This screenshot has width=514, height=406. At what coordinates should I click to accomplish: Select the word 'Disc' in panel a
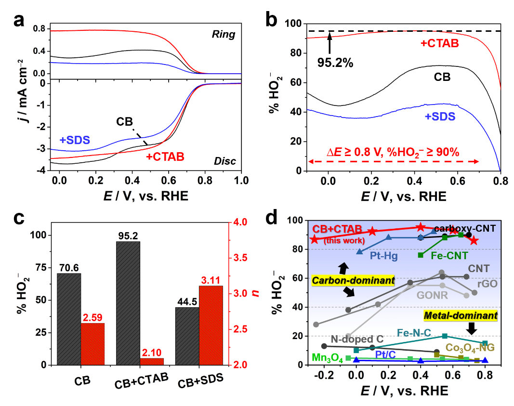(x=225, y=161)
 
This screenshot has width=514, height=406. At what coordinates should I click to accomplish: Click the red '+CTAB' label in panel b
(x=439, y=43)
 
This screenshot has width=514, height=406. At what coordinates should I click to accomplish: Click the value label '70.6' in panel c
(x=69, y=267)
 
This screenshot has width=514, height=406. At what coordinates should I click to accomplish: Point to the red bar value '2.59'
(x=92, y=317)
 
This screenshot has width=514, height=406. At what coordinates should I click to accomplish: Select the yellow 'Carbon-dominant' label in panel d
(x=353, y=280)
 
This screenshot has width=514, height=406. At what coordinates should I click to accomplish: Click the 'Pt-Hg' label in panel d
(x=384, y=256)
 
